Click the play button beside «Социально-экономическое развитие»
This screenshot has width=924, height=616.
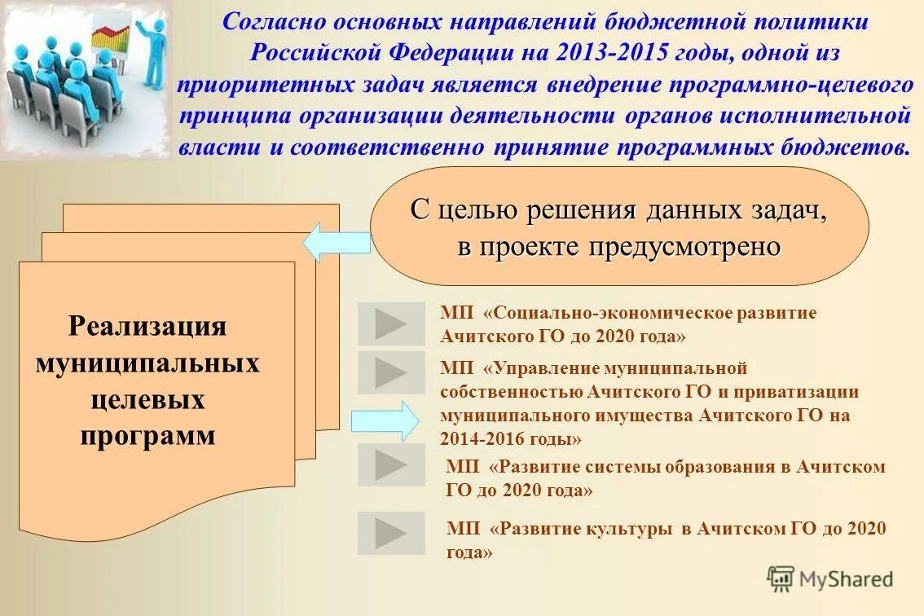coord(391,324)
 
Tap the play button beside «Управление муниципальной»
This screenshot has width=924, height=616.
coord(391,372)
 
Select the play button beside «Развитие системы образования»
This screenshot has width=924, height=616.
coord(391,465)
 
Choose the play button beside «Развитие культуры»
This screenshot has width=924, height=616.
coord(391,534)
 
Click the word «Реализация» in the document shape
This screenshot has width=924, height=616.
coord(147,326)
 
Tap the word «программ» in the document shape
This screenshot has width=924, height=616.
coord(147,436)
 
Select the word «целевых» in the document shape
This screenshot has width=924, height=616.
coord(147,400)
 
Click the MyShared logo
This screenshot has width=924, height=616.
coord(830,579)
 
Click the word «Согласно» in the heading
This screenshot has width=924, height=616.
coord(265,22)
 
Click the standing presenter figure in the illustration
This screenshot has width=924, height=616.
coord(151,49)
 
